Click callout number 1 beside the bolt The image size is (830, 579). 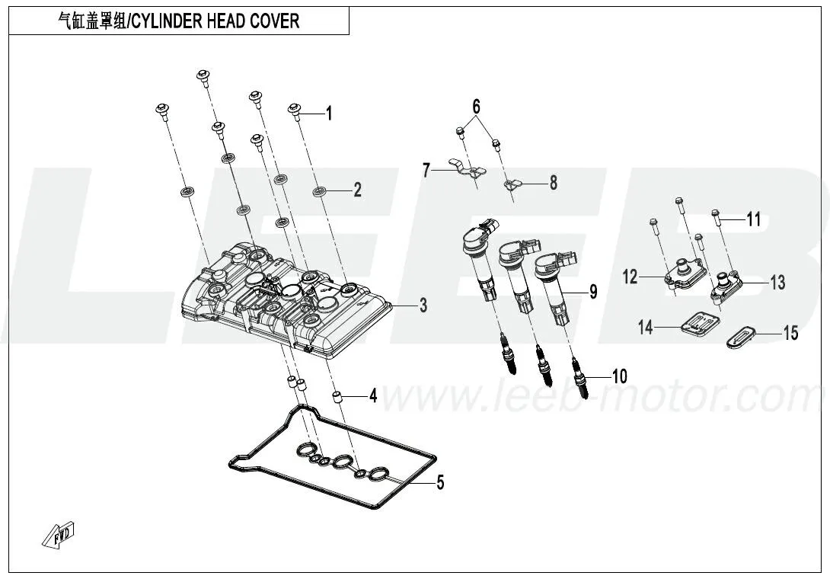pyautogui.click(x=329, y=114)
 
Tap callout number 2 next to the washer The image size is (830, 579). pyautogui.click(x=357, y=190)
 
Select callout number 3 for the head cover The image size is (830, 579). pyautogui.click(x=423, y=306)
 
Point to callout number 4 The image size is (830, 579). pyautogui.click(x=373, y=395)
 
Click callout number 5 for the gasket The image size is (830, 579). pyautogui.click(x=440, y=482)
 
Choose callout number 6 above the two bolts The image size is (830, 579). pyautogui.click(x=477, y=107)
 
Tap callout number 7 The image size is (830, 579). pyautogui.click(x=427, y=170)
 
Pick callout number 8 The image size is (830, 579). pyautogui.click(x=553, y=183)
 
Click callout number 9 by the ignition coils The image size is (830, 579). pyautogui.click(x=592, y=291)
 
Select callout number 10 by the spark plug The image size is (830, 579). pyautogui.click(x=619, y=376)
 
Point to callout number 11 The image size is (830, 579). pyautogui.click(x=753, y=220)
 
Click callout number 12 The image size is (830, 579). pyautogui.click(x=630, y=277)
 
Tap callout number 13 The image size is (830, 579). pyautogui.click(x=777, y=283)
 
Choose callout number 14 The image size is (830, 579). pyautogui.click(x=646, y=328)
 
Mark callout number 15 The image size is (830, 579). pyautogui.click(x=790, y=333)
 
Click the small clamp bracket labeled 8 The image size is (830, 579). pyautogui.click(x=515, y=184)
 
